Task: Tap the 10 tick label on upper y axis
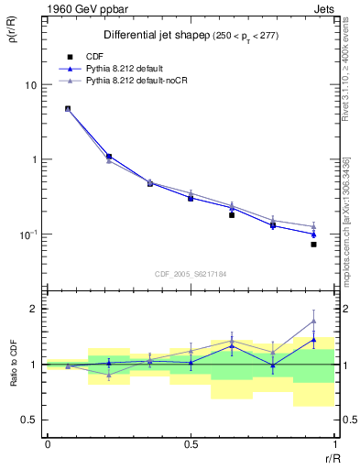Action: click(30, 85)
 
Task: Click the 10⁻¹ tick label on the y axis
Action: click(28, 234)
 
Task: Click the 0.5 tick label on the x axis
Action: click(191, 444)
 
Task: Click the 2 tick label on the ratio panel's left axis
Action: click(35, 309)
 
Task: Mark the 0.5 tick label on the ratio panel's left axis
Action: click(31, 420)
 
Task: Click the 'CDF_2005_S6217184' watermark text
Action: click(190, 273)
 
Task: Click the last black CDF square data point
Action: click(313, 244)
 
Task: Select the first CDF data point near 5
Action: click(68, 108)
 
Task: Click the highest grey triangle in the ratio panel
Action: click(313, 321)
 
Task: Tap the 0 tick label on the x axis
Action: click(47, 444)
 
